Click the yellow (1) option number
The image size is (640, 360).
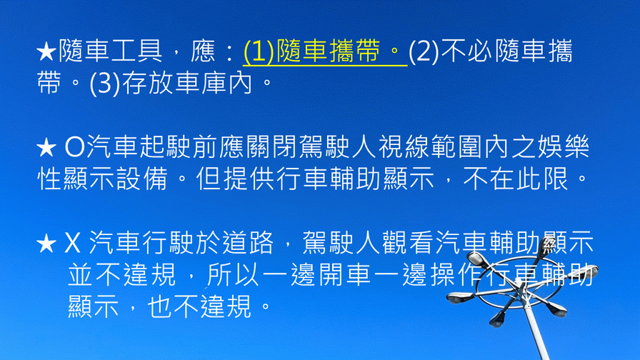point(259,52)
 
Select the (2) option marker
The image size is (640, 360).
point(424,52)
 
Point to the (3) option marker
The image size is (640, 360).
point(105,84)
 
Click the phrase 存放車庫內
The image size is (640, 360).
point(187,82)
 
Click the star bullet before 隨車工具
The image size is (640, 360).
point(46,52)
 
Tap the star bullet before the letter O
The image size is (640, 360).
point(46,148)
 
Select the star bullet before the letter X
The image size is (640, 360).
point(46,244)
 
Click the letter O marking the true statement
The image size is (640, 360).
point(75,148)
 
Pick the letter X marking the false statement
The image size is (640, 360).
point(72,244)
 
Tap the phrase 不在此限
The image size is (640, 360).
point(516,179)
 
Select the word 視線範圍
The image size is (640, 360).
point(431,146)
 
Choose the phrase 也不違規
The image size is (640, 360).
point(199,306)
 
